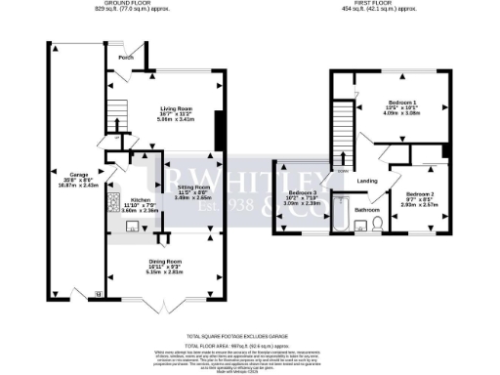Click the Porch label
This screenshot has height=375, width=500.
pyautogui.click(x=126, y=56)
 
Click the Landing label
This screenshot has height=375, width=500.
pyautogui.click(x=368, y=181)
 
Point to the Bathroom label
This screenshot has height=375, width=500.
pyautogui.click(x=367, y=209)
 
